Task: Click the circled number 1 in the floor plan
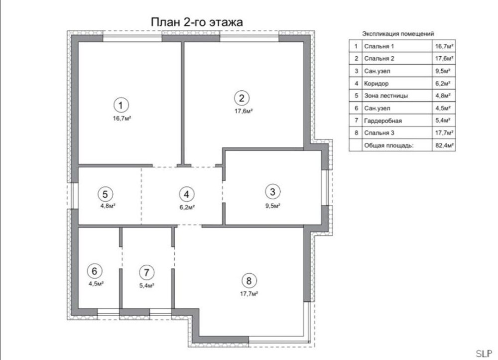pos(121,105)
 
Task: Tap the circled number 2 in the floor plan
pos(242,98)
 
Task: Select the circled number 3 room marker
pos(272,192)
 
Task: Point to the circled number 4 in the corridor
pos(186,194)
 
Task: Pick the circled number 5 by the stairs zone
pos(106,194)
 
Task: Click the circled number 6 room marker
pos(94,271)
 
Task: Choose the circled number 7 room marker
pos(146,272)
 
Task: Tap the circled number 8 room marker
pos(249,281)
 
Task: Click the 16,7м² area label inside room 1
pos(122,119)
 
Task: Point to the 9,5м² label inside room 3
pos(273,206)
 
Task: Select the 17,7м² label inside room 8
pos(249,294)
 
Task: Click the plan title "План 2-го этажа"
pos(197,22)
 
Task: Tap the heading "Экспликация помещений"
pos(398,34)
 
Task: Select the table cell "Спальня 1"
pos(379,46)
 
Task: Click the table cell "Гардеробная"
pos(383,120)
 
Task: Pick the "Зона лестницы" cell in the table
pos(386,96)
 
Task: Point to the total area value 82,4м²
pos(444,146)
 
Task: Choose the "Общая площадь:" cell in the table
pos(389,146)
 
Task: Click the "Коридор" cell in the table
pos(376,84)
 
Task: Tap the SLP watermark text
pos(484,354)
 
